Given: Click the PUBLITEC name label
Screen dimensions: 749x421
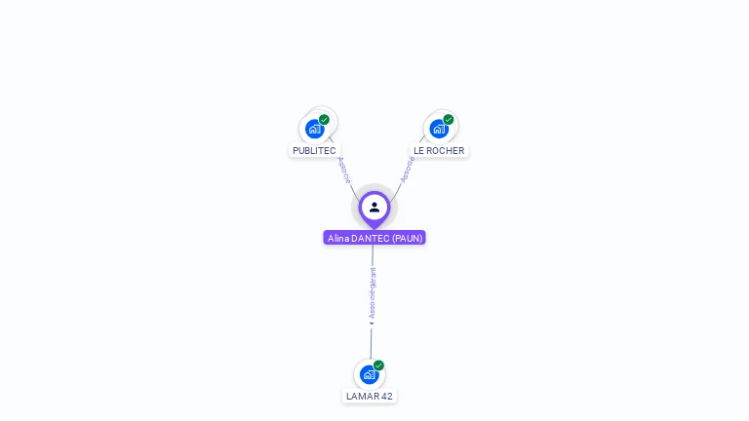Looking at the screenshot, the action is pyautogui.click(x=314, y=150).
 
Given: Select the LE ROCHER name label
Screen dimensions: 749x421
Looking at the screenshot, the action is pyautogui.click(x=439, y=150).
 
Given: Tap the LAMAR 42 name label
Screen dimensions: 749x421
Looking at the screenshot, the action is pyautogui.click(x=370, y=396).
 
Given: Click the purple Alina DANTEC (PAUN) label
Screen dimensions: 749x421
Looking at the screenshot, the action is pyautogui.click(x=374, y=238).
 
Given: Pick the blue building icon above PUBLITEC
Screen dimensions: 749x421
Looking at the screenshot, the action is pyautogui.click(x=314, y=129).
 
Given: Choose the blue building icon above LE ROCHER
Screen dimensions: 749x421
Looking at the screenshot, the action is pyautogui.click(x=439, y=129).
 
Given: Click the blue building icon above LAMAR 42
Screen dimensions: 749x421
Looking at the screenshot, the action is pyautogui.click(x=369, y=374).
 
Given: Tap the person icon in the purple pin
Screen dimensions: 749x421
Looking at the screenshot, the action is pyautogui.click(x=374, y=207).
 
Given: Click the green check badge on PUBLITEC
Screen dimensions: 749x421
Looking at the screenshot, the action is pyautogui.click(x=324, y=120).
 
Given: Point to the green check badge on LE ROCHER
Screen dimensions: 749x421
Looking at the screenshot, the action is pyautogui.click(x=449, y=120).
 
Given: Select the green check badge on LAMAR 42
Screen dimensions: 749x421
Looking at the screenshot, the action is pyautogui.click(x=378, y=365).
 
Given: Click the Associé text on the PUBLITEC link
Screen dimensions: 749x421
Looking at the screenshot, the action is pyautogui.click(x=343, y=171).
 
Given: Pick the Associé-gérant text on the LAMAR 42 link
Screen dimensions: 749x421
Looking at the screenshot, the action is pyautogui.click(x=372, y=292).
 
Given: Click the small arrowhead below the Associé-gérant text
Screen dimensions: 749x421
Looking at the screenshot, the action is pyautogui.click(x=372, y=324).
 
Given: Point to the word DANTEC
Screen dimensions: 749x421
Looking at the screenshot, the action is pyautogui.click(x=370, y=238).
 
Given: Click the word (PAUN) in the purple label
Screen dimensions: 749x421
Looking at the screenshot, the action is pyautogui.click(x=408, y=238).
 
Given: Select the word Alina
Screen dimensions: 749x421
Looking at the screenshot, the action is pyautogui.click(x=337, y=238).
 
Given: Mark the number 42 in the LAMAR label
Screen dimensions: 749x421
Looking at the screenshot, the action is pyautogui.click(x=386, y=396).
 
